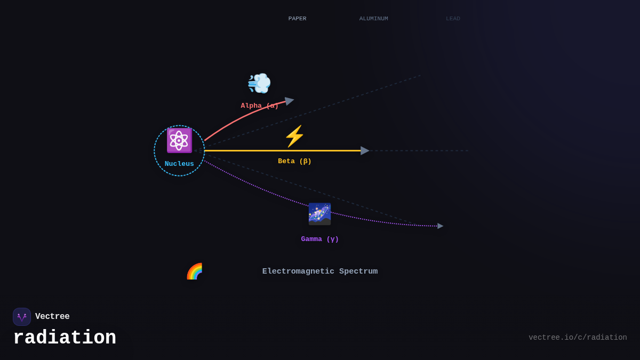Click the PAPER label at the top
coord(297,19)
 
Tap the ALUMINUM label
coord(373,19)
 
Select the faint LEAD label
coord(453,19)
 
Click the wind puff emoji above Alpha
coord(259,83)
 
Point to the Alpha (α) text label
coord(259,106)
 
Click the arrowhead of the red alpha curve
coord(289,100)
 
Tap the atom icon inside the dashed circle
coord(179,140)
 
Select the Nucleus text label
coord(179,164)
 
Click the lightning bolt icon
coord(294,136)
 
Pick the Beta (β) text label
coord(294,161)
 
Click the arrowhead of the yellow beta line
coord(365,150)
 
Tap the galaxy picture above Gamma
coord(319,214)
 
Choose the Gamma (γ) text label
coord(319,239)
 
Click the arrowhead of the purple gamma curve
coord(440,226)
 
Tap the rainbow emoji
coord(194,271)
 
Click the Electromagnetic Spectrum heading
coord(320,271)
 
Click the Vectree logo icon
coord(22,317)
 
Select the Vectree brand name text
coord(52,317)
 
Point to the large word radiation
coord(65,338)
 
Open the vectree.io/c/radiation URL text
coord(578,338)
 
